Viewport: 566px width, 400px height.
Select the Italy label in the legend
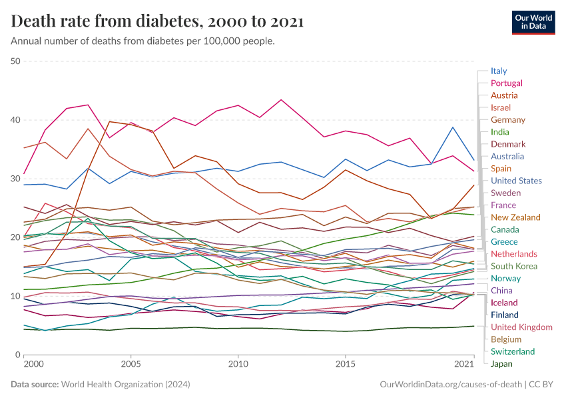(x=499, y=71)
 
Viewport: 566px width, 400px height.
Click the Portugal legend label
(x=506, y=83)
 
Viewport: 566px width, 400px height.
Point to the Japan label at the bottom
(x=501, y=364)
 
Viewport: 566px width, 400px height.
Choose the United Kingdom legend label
(x=521, y=327)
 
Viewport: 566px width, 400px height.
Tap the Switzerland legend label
(x=513, y=351)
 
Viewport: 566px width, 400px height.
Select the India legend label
(x=499, y=132)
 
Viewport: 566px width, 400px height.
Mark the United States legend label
(x=516, y=181)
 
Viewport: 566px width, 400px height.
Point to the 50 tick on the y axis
(x=16, y=61)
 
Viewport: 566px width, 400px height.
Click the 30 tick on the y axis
(x=16, y=179)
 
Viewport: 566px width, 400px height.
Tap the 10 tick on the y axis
(x=16, y=296)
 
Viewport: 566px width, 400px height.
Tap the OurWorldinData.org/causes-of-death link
(x=449, y=385)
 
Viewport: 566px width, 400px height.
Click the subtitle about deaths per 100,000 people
(x=143, y=41)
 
